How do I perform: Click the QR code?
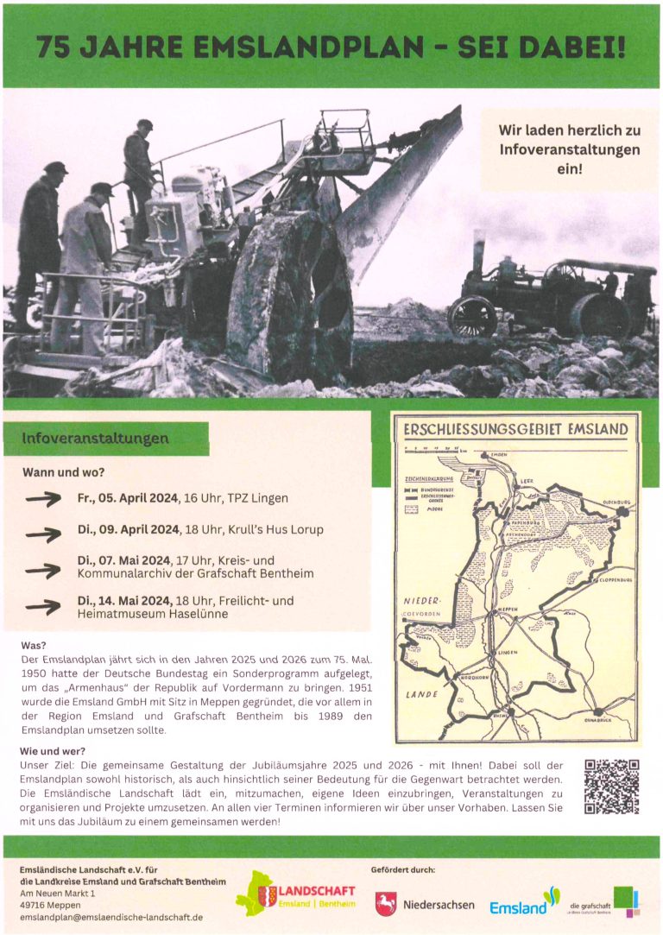tap(611, 786)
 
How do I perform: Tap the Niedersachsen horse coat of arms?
tap(386, 904)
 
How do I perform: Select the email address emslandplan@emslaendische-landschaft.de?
tap(111, 916)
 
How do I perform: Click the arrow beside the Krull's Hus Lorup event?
tap(44, 534)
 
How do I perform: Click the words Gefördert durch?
tap(402, 869)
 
